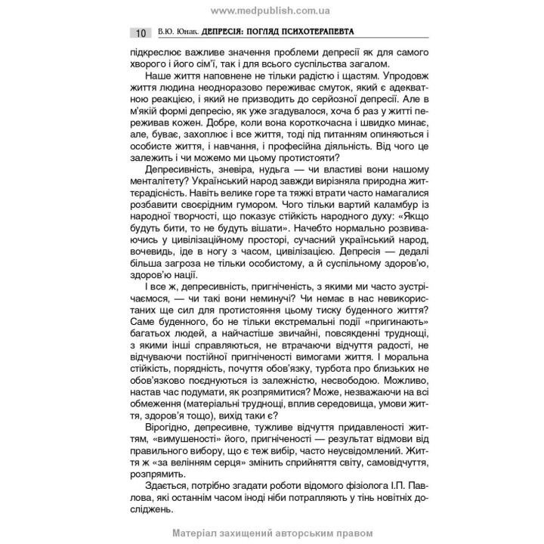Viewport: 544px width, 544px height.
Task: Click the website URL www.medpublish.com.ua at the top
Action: [x=271, y=10]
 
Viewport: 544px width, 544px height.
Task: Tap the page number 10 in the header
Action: [x=141, y=33]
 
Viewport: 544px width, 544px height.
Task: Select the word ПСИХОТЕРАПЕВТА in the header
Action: [x=317, y=33]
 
